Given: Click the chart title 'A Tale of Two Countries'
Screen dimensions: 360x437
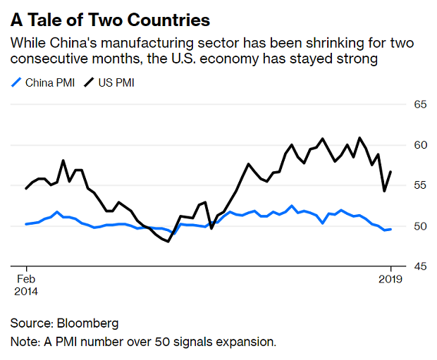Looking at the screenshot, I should pos(111,17).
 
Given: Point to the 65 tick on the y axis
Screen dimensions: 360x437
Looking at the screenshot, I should pos(421,104).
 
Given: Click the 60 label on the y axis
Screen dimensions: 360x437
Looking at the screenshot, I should pos(421,145).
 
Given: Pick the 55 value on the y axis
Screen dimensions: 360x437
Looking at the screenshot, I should pos(421,185).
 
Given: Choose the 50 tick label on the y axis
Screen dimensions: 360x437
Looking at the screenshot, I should pos(421,226).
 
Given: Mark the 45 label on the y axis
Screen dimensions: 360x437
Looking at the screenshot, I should pos(421,266).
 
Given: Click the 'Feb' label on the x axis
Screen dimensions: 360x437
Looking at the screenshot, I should pos(25,278).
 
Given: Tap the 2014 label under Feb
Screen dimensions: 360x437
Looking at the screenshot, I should pos(25,291).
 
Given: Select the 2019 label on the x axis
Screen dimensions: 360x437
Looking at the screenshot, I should pos(390,278).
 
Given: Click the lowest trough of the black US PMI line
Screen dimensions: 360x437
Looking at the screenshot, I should pos(168,242).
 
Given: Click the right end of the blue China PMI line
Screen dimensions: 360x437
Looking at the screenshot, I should pos(391,229).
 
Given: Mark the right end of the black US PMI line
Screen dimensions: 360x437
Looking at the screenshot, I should pos(391,172).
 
